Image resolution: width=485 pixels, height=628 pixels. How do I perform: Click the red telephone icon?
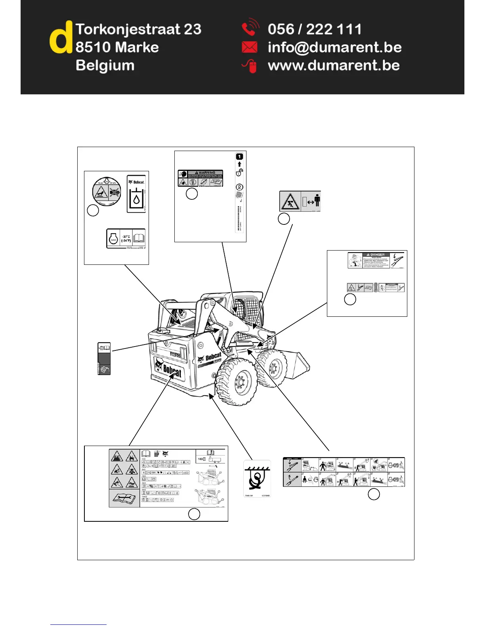pos(250,29)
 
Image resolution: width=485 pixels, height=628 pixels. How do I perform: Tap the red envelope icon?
pos(249,48)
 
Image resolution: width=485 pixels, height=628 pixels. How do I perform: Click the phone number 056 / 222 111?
pos(315,29)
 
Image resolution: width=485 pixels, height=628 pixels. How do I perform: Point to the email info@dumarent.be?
pos(334,48)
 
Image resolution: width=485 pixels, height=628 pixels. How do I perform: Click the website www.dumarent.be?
pos(334,66)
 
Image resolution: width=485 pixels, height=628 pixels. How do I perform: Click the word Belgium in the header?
pos(105,65)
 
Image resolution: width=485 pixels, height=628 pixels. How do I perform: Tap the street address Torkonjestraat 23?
pos(138,29)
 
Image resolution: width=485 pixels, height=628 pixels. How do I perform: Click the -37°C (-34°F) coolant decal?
pos(126,239)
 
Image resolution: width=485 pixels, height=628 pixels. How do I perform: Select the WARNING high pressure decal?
pos(200,178)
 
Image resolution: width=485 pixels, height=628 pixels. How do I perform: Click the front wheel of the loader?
pos(237,381)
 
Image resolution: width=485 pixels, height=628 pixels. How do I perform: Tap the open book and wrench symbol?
pos(124,498)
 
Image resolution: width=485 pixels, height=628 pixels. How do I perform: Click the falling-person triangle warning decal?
pos(290,201)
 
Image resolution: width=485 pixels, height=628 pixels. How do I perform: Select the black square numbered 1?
pos(239,157)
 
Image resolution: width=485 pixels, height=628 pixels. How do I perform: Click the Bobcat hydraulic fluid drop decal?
pos(136,194)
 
